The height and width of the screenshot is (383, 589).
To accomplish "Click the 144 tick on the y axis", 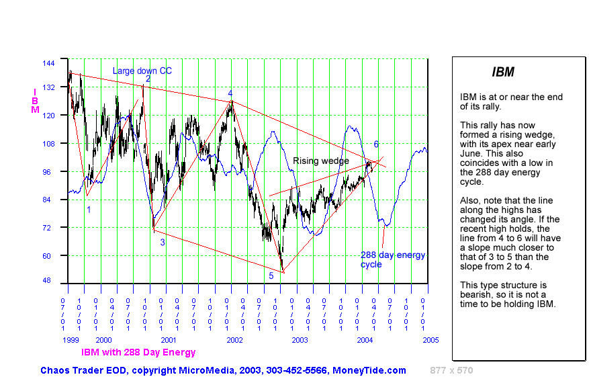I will coord(48,62).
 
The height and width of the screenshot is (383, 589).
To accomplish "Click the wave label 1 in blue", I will coord(89,209).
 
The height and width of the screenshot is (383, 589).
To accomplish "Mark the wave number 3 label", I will coord(162,242).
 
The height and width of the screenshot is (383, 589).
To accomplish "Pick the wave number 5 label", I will coord(271,275).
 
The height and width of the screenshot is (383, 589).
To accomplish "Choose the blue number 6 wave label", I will coord(376,144).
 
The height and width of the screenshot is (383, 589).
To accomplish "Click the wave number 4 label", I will coord(230,93).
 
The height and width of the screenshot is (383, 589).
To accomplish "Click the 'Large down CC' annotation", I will coord(142,71).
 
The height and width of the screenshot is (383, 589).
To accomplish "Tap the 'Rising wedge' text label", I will coord(320,161).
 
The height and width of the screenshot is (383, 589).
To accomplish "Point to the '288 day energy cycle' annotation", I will coord(392,259).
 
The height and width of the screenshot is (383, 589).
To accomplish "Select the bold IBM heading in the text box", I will coord(503,73).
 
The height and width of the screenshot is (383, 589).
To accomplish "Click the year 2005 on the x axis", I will coord(431,340).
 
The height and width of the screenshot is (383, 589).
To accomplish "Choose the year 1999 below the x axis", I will coord(72,340).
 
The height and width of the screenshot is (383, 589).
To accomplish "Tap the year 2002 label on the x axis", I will coord(234,340).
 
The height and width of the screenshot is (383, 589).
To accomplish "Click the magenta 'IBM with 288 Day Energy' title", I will coord(138,352).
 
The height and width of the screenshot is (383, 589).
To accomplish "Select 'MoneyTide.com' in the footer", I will coord(373,370).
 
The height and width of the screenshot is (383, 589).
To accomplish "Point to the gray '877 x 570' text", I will coord(451,370).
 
